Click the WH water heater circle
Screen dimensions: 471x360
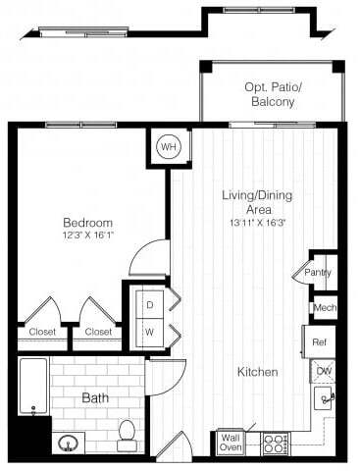(168, 147)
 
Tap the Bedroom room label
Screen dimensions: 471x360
(88, 222)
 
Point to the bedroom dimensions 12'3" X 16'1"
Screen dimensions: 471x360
(88, 235)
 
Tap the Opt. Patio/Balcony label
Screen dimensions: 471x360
(273, 94)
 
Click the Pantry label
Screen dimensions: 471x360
(318, 273)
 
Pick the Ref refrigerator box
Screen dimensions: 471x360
(320, 342)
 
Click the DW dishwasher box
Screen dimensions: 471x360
(323, 371)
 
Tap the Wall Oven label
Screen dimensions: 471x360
(230, 443)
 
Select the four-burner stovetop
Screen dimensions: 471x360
(275, 444)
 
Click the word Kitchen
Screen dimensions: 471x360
(257, 372)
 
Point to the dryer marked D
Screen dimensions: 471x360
(149, 304)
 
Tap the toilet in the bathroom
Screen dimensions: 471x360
(127, 435)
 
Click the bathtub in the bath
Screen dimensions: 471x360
(33, 385)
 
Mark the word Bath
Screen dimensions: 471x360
(95, 397)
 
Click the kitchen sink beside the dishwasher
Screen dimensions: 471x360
(324, 398)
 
